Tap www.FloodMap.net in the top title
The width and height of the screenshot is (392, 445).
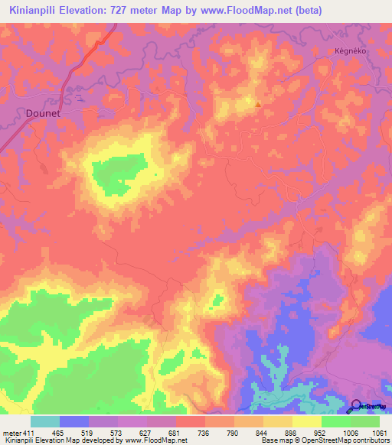point(230,11)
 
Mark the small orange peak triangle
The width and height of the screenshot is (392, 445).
point(258,106)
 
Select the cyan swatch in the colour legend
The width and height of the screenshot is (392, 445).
point(44,421)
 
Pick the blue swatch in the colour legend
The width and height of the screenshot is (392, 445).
point(73,421)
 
